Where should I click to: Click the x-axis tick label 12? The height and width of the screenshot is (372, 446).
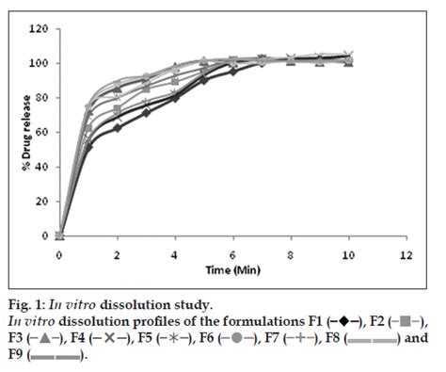coord(406,255)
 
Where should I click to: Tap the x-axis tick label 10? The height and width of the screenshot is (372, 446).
coord(348,255)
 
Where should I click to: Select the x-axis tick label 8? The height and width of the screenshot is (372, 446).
coord(291,255)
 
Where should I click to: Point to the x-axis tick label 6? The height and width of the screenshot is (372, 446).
coord(232,255)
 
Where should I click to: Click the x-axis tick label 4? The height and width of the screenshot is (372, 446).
coord(175,255)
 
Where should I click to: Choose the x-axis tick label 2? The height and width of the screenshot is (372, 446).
coord(117,255)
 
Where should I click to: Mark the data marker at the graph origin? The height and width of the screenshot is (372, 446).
coord(59,235)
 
